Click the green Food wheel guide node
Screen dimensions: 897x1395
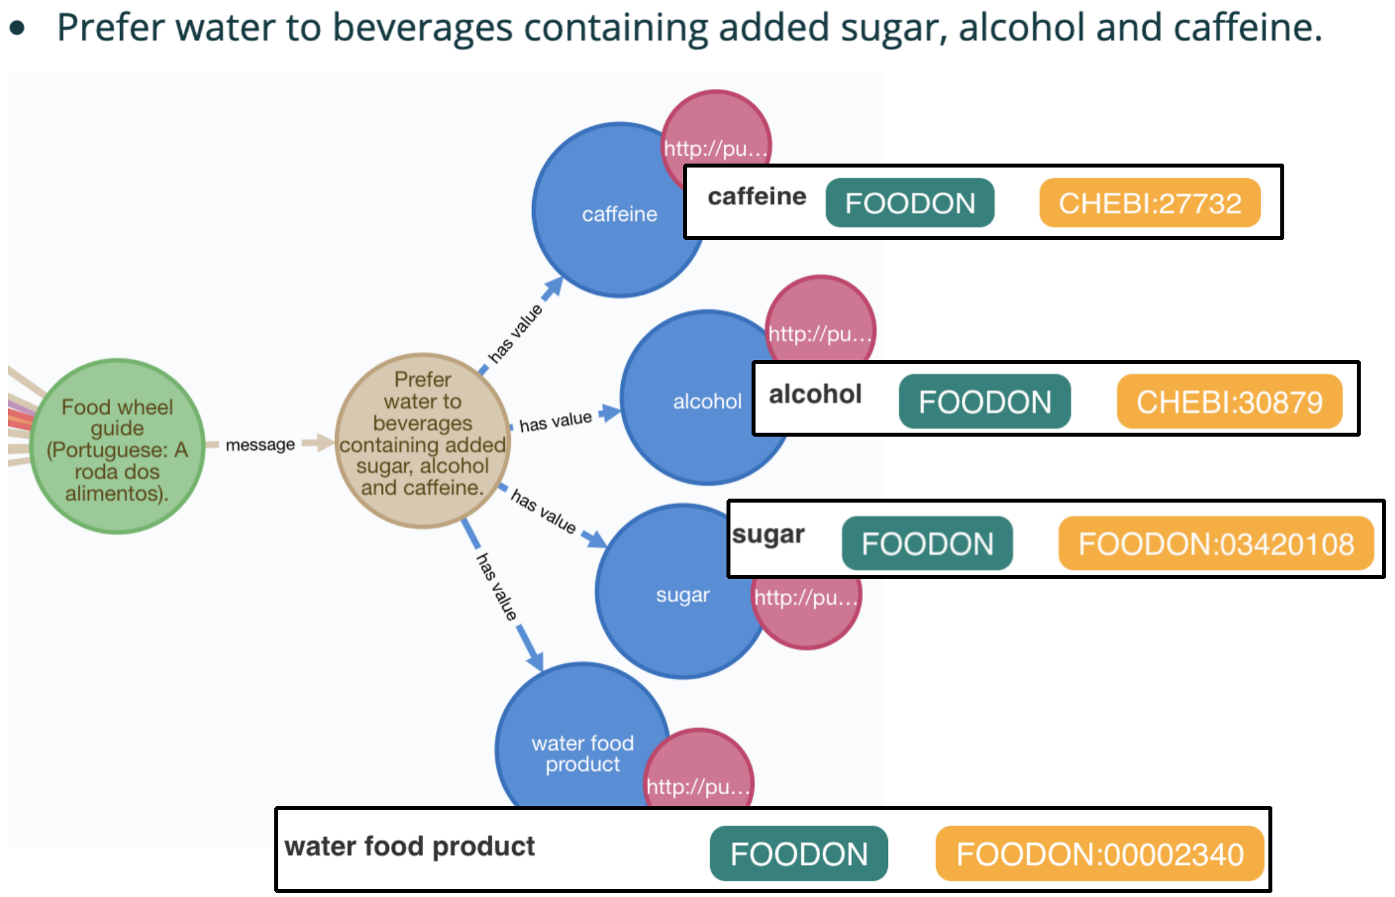pos(117,447)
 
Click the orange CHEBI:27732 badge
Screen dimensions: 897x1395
pos(1150,203)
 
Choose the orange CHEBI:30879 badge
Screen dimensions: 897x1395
pos(1229,402)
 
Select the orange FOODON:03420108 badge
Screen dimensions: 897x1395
pos(1216,543)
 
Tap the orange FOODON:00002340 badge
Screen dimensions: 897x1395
pos(1100,854)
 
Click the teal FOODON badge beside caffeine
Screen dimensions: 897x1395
pos(910,203)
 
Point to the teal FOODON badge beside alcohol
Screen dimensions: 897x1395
pos(984,402)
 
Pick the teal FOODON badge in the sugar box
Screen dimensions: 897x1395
pos(927,543)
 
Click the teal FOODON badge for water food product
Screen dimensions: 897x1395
pos(798,854)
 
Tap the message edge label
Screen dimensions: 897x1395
pos(260,445)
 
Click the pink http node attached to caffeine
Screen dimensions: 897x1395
pos(716,132)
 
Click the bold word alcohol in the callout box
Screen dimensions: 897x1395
pos(815,394)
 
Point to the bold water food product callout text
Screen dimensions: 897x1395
pos(409,846)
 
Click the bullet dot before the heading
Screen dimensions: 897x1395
pos(18,28)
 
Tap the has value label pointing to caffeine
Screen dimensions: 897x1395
pos(515,333)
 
